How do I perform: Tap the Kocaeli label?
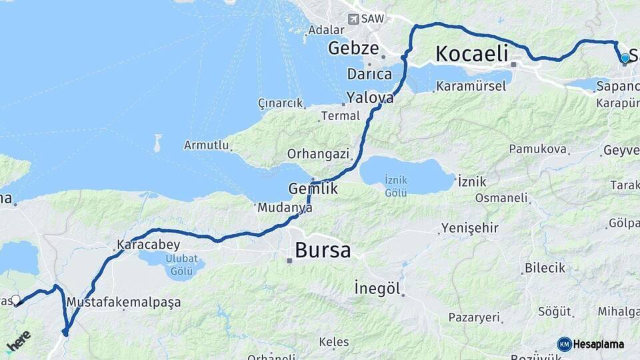coord(471,53)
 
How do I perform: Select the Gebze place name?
coord(353,48)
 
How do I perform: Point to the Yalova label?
coord(369,97)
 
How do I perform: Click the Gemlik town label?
coord(313,189)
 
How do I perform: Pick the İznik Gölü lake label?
coord(396,186)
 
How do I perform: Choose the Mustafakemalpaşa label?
coord(124,302)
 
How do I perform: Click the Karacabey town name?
coord(139,244)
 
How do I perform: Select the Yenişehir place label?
coord(469,228)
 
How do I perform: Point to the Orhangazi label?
coord(318,154)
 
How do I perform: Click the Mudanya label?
coord(285,207)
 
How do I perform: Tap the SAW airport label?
coord(373,19)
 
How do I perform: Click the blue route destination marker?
coord(625,59)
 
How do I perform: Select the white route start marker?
coord(16,300)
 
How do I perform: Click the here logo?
coord(18,340)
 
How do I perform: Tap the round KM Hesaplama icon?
coord(565,344)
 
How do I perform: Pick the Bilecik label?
coord(545,267)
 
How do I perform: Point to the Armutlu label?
coord(207,145)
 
